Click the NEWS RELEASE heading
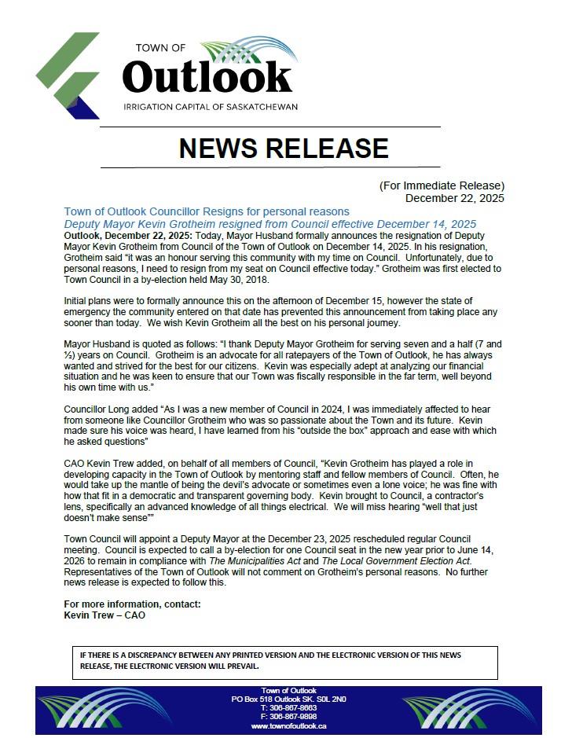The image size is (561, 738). coord(284,148)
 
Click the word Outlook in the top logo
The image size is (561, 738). coord(207,77)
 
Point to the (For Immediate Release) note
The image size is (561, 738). coord(442,185)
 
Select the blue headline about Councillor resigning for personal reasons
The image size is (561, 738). coord(207,212)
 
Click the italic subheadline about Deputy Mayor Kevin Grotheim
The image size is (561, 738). coord(270,224)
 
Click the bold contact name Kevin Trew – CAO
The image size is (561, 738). coord(104,615)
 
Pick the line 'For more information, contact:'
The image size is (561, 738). coord(132,604)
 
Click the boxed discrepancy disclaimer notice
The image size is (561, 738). coord(283,661)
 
